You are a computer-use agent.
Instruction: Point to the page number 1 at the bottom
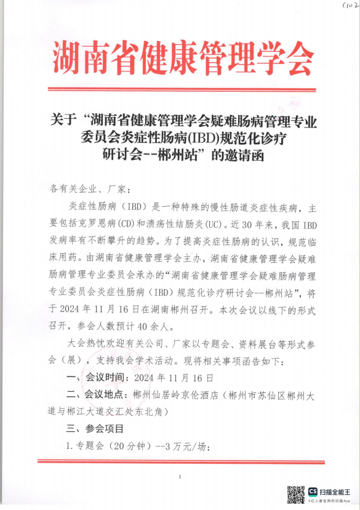tap(180, 477)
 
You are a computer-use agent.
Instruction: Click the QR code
tap(295, 495)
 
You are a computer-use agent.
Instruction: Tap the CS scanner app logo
tap(313, 492)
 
